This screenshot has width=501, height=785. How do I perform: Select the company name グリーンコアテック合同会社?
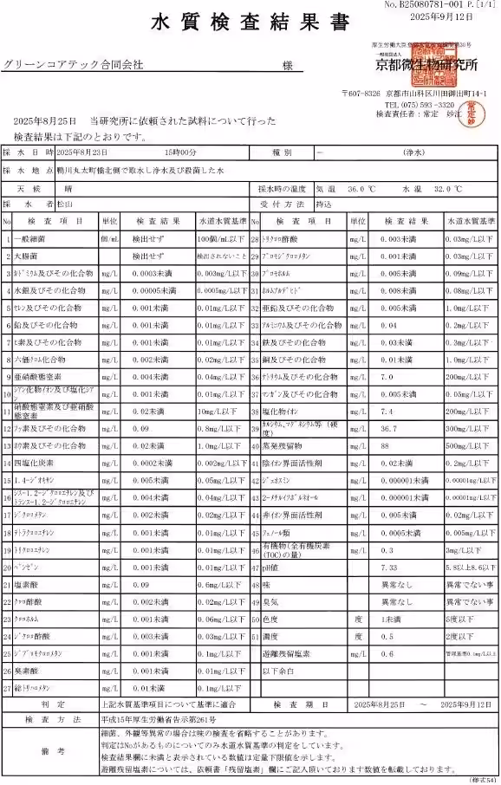73,65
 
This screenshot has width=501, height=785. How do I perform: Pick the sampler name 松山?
65,204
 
